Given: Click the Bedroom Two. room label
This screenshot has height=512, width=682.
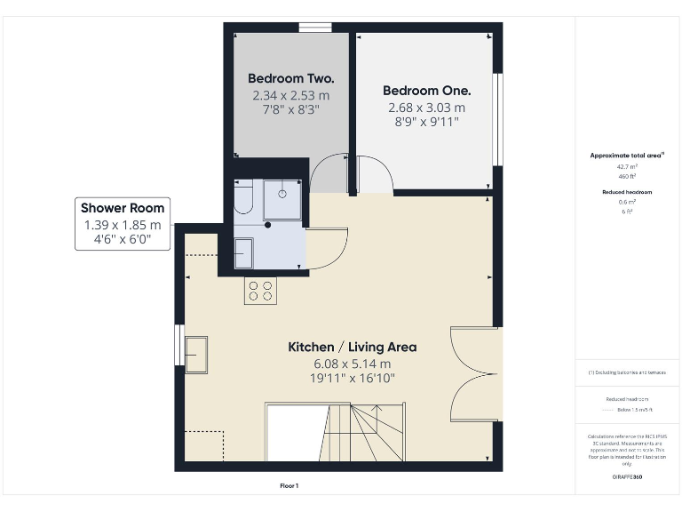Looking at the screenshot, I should point(290,78).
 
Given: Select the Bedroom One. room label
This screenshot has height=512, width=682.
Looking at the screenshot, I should point(426,91).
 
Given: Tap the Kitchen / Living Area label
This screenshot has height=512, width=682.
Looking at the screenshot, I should point(352,347).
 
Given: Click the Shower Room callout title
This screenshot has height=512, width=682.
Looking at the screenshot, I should point(123,208).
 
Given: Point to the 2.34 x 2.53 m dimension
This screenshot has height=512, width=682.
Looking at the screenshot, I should point(290,95).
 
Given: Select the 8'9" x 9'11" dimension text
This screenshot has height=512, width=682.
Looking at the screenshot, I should point(426,124).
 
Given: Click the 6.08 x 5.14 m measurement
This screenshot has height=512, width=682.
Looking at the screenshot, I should point(352,364).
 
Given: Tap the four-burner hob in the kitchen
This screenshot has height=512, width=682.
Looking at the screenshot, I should point(260,291).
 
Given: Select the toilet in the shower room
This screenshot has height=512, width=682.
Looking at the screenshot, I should point(243,199).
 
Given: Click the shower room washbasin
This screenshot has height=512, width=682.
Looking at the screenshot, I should point(243,252).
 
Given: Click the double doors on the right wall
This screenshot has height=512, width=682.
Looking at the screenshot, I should point(475,373).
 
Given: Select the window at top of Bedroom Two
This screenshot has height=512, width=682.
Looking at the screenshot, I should point(309,28).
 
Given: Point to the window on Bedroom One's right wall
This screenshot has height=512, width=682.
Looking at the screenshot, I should point(498,118).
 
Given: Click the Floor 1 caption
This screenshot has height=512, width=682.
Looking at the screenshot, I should point(289,486).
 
